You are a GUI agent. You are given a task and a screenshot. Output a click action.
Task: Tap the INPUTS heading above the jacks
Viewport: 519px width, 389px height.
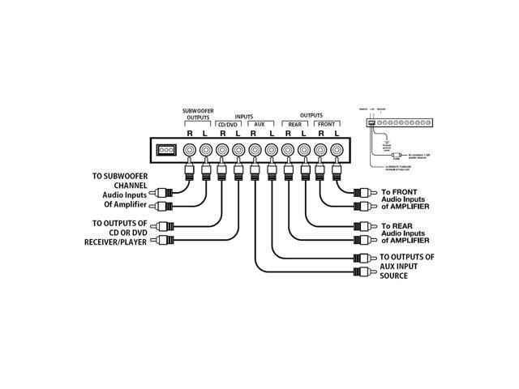coord(245,116)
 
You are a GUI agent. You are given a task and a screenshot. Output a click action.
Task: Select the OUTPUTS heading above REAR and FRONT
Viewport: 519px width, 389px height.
coord(311,116)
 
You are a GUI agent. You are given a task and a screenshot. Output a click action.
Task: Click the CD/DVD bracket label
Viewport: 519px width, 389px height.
coord(229,124)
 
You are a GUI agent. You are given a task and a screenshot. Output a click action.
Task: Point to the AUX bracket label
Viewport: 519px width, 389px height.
coord(260,124)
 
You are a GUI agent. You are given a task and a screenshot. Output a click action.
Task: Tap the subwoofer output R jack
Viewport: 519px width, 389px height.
coord(189,150)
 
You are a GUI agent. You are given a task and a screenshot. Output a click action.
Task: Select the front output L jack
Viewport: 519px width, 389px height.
coord(336,150)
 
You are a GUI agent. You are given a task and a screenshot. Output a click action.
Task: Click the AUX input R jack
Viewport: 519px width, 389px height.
coord(255,150)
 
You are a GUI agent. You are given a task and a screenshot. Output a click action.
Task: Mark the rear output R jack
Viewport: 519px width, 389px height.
coord(287,150)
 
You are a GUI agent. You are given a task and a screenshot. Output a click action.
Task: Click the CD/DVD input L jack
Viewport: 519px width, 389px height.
coord(238,150)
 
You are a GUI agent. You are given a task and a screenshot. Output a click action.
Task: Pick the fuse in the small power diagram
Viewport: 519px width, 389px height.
coord(397,155)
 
